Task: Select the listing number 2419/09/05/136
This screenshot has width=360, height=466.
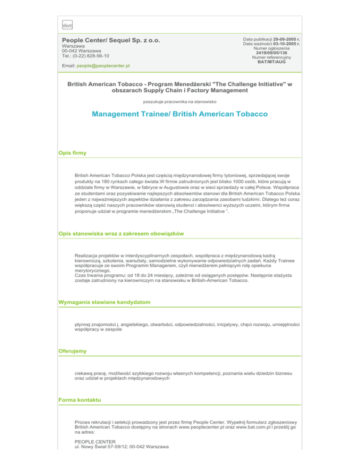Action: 272,53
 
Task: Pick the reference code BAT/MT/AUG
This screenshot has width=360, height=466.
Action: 272,62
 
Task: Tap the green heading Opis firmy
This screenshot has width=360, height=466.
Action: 73,153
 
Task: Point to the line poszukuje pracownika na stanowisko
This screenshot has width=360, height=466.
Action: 180,100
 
